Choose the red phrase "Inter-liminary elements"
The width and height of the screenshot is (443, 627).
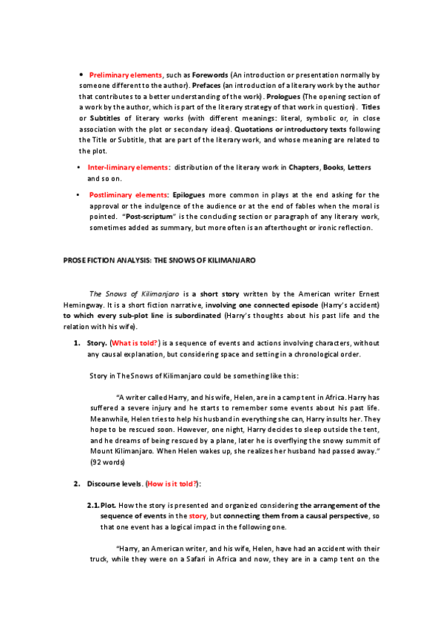(x=127, y=168)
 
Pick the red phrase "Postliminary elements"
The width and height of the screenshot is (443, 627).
(x=127, y=194)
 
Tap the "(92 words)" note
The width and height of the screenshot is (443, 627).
(x=108, y=462)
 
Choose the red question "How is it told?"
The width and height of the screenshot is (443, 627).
(x=172, y=484)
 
